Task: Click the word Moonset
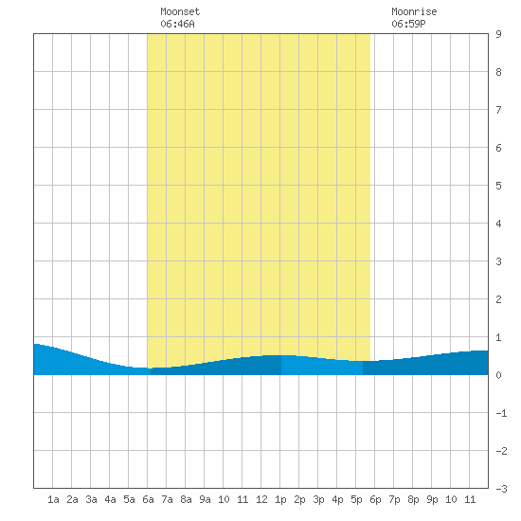pos(180,11)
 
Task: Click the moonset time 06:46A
pos(177,24)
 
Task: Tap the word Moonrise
pos(414,11)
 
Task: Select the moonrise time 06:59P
pos(408,24)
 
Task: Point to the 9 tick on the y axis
pos(498,34)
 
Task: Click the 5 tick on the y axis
pos(498,186)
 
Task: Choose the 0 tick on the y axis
pos(498,375)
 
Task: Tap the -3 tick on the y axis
pos(501,489)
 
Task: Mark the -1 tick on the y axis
pos(501,413)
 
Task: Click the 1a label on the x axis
pos(53,499)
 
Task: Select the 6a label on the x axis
pos(148,499)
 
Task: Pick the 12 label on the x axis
pos(261,499)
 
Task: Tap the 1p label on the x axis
pos(280,500)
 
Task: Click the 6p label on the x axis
pos(375,500)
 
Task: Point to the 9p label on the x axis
pos(432,500)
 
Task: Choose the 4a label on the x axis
pos(110,499)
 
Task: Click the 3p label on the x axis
pos(318,500)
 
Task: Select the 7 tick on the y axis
pos(498,110)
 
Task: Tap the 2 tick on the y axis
pos(498,299)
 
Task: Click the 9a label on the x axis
pos(205,499)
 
